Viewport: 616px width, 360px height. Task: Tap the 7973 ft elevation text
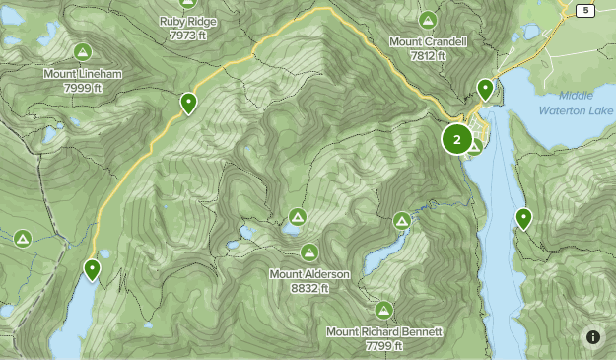click(187, 35)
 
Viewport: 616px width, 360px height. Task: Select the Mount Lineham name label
click(82, 74)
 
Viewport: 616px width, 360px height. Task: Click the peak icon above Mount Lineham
click(82, 52)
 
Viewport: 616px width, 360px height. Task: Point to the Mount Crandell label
click(428, 42)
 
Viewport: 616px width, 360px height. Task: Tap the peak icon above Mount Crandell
click(428, 20)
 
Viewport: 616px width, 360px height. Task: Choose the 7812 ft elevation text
click(428, 57)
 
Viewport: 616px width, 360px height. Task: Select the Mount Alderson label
click(309, 274)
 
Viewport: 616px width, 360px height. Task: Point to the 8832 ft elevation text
click(309, 288)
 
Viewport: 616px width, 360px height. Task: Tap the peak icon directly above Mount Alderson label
click(309, 252)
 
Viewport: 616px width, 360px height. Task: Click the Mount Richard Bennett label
click(384, 332)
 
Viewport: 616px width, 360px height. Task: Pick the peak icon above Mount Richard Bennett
click(384, 310)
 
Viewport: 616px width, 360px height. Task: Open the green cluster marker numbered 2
click(456, 139)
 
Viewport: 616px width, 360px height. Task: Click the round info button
click(593, 337)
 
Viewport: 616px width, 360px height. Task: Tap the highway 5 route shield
click(586, 11)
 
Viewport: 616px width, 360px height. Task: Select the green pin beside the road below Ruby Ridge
click(187, 102)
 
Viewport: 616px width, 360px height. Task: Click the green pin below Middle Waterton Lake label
click(523, 218)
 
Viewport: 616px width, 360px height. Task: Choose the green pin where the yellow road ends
click(93, 268)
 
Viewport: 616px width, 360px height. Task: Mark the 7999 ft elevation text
click(82, 88)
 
